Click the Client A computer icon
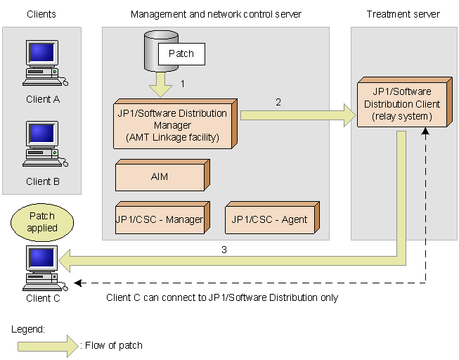[42, 63]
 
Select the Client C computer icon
[42, 268]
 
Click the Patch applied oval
[42, 221]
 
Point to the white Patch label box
[181, 53]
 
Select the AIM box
[160, 176]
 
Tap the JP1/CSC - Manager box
[160, 219]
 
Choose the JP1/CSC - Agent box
[270, 219]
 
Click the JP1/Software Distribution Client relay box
[401, 105]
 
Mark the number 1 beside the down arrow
[183, 83]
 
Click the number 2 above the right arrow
[278, 102]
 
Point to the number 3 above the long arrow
[224, 249]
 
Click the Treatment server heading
[403, 14]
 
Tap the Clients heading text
[41, 14]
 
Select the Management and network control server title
[216, 14]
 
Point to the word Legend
[28, 328]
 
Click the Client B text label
[43, 181]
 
